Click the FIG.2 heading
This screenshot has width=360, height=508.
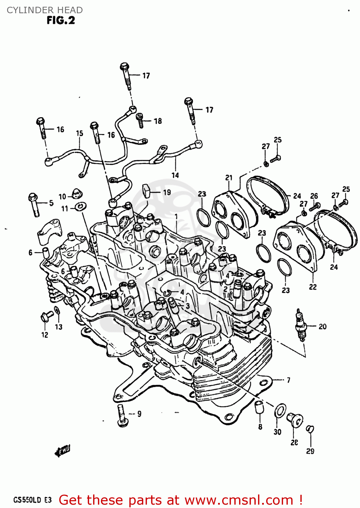(61, 21)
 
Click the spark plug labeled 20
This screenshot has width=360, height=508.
(301, 325)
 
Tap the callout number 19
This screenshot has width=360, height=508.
(167, 192)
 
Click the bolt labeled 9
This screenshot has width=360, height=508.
(122, 415)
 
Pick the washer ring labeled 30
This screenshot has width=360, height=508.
(280, 411)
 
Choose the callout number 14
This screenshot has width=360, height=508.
(175, 175)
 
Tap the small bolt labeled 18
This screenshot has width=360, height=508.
(140, 120)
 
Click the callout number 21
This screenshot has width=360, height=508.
(229, 178)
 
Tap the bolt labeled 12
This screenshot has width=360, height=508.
(46, 316)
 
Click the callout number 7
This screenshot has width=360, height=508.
(288, 380)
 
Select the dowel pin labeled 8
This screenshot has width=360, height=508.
(259, 407)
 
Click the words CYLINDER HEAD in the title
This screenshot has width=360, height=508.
(45, 10)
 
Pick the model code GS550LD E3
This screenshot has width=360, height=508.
(33, 500)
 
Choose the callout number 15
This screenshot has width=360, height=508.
(80, 133)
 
